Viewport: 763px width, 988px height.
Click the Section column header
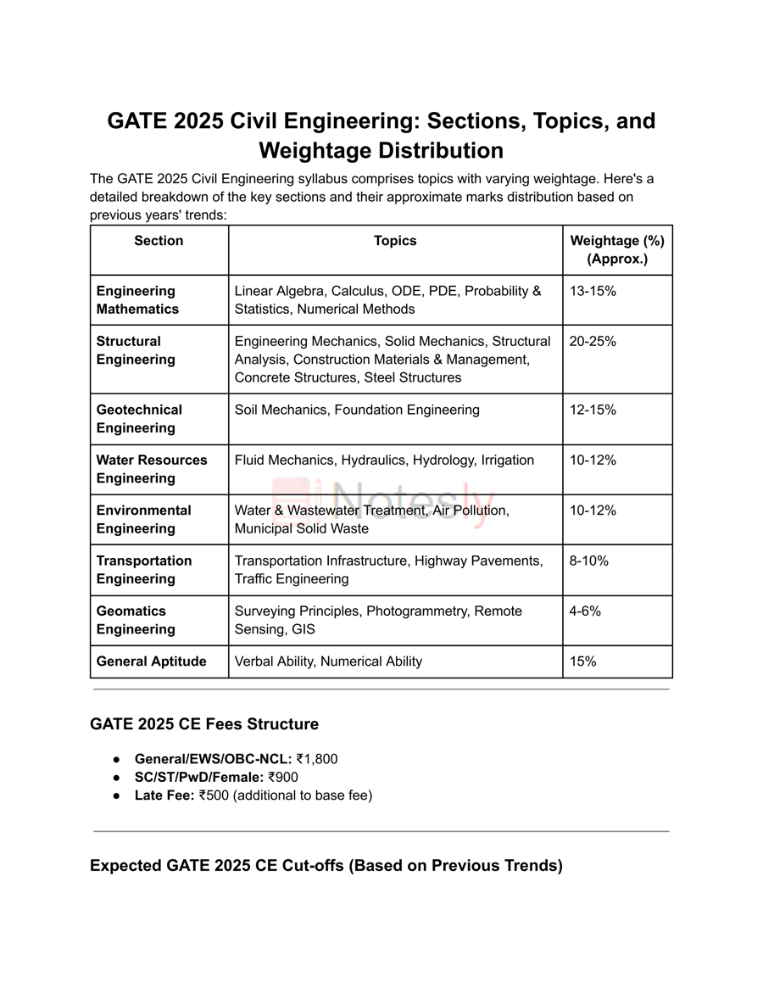point(159,241)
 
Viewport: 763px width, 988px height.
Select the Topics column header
point(395,241)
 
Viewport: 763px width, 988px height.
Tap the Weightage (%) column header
point(617,249)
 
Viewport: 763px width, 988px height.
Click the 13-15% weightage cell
point(593,291)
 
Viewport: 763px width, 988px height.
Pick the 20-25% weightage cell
point(593,341)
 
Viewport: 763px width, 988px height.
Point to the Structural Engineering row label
point(136,350)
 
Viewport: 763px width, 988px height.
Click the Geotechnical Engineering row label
point(138,419)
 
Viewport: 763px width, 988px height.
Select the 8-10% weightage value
point(589,561)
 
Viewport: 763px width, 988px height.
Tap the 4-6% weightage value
point(585,611)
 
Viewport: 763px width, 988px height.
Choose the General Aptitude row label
point(151,661)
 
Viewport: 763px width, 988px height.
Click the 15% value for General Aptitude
point(583,661)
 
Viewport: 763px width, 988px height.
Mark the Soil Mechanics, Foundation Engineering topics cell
point(357,410)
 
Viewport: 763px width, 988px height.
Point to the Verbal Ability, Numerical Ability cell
point(328,661)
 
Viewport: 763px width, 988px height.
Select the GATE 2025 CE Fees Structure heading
point(204,724)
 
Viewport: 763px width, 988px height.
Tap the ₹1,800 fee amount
point(317,759)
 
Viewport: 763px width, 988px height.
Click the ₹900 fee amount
point(283,777)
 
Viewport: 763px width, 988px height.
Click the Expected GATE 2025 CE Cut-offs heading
point(326,866)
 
